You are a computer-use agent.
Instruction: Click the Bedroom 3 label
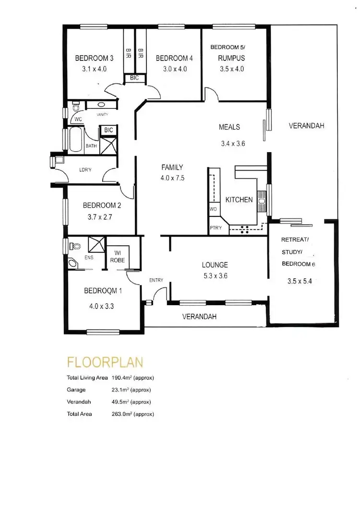[x=94, y=59]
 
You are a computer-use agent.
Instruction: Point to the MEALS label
[x=229, y=127]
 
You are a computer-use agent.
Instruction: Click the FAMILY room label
[x=172, y=167]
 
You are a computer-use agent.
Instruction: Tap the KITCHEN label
[x=239, y=200]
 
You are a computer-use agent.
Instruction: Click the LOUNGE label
[x=215, y=265]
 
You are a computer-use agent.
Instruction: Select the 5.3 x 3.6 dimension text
[x=215, y=276]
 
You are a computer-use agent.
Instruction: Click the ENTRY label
[x=156, y=280]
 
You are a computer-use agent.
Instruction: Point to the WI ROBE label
[x=118, y=257]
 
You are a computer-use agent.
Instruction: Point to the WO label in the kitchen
[x=213, y=210]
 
